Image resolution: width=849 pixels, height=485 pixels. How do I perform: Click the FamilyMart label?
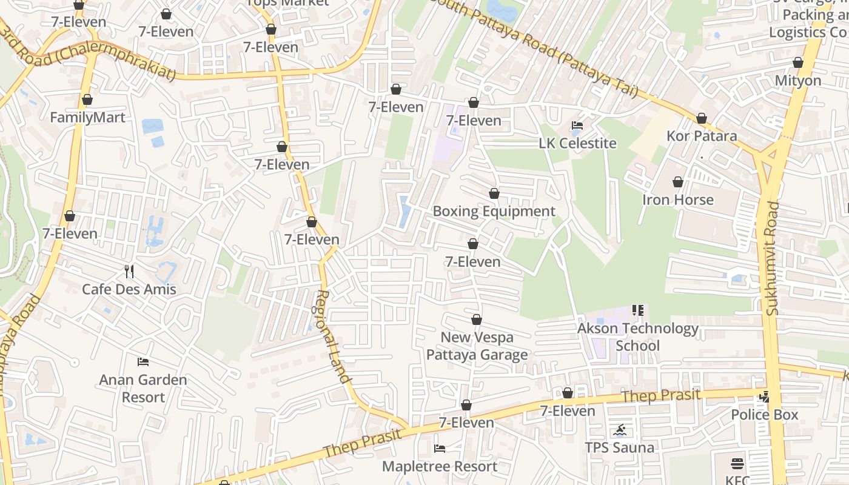click(x=87, y=118)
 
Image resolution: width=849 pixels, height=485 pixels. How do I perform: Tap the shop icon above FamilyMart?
click(x=87, y=99)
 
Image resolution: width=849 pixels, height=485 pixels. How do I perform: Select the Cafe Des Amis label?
click(x=129, y=289)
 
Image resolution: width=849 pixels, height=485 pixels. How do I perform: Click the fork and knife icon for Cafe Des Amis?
click(x=129, y=270)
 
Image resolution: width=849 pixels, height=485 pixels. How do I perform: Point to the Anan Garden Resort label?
click(x=143, y=389)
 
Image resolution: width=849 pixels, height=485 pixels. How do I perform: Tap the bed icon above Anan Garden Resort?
click(x=143, y=362)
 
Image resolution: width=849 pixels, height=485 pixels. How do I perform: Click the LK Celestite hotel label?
click(x=577, y=144)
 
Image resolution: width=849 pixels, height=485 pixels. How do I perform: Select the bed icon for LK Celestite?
click(x=577, y=125)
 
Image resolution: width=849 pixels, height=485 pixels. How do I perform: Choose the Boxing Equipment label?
click(x=494, y=212)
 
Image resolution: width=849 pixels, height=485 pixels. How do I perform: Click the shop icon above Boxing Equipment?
click(x=494, y=193)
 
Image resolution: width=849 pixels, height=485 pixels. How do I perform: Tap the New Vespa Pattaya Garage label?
click(x=477, y=346)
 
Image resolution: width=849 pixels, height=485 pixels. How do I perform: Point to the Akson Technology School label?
click(x=637, y=337)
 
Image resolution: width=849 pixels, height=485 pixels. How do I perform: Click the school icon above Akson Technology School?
click(x=637, y=310)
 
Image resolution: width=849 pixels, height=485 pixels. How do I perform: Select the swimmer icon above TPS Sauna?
click(x=620, y=430)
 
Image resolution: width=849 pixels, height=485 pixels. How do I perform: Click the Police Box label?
click(x=764, y=415)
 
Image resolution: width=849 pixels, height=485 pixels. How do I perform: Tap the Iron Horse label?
click(x=677, y=200)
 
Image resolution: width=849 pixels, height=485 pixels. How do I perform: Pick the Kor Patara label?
click(x=702, y=136)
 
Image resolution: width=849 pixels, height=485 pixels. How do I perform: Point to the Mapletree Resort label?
click(x=440, y=467)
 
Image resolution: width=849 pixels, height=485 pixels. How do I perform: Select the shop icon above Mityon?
click(x=798, y=62)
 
